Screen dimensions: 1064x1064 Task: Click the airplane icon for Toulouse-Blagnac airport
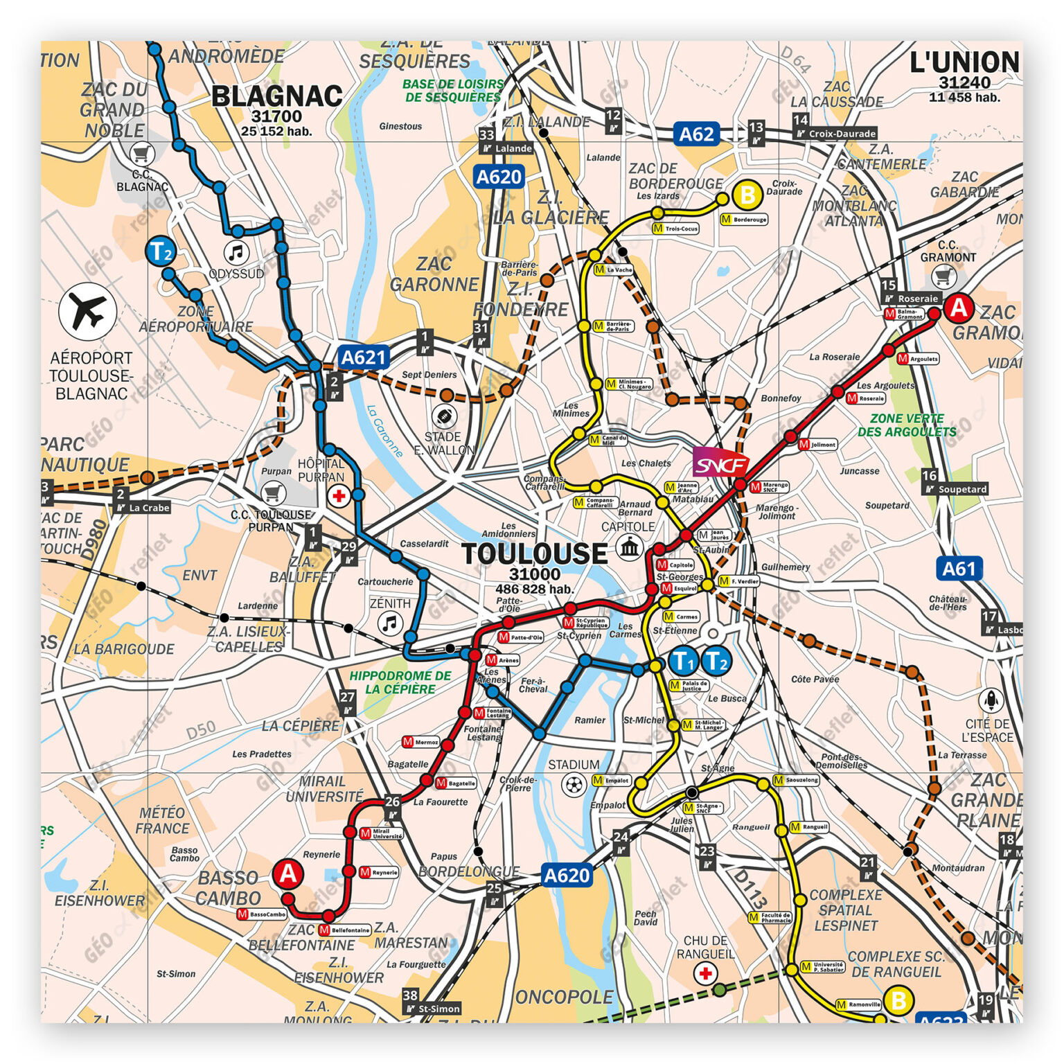pos(87,312)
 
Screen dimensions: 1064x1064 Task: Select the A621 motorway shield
pos(364,357)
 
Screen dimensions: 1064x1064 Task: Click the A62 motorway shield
pos(696,134)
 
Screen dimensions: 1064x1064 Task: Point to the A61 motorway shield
pos(959,569)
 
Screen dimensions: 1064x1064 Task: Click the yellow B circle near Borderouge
pos(747,196)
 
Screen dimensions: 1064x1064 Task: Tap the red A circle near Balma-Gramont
pos(959,307)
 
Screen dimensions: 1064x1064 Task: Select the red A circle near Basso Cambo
pos(287,874)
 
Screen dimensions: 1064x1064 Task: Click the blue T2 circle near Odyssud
pos(161,251)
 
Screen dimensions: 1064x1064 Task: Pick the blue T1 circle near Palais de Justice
pos(684,662)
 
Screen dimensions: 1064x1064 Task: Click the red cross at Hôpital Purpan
pos(339,496)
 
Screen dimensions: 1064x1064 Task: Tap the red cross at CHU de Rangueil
pos(705,973)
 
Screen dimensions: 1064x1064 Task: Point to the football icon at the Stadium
pos(574,786)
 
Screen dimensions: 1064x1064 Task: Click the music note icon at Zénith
pos(391,623)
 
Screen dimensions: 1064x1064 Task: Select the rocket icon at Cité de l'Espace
pos(991,700)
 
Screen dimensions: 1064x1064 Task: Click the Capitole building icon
pos(629,547)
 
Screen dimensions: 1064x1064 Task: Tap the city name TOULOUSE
pos(534,553)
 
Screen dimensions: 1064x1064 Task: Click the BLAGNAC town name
pos(276,96)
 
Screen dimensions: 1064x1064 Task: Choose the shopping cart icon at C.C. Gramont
pos(943,277)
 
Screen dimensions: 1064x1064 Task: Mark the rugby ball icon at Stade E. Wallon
pos(443,416)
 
